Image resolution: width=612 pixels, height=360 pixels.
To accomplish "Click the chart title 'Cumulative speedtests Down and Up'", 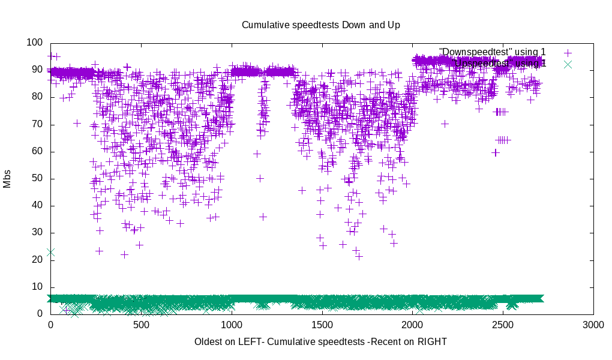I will (x=320, y=25).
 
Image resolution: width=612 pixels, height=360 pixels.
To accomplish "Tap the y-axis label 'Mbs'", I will (x=7, y=178).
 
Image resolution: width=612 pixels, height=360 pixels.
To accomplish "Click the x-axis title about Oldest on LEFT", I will (x=320, y=341).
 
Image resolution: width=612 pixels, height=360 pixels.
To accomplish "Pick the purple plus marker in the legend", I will (x=568, y=53).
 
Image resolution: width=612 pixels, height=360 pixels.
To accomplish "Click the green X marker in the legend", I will (x=568, y=64).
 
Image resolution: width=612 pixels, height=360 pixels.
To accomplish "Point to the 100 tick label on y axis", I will (x=35, y=43).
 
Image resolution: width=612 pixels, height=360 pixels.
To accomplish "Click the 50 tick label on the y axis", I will (x=37, y=179).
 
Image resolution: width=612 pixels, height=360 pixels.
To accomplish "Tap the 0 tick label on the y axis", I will (x=40, y=314).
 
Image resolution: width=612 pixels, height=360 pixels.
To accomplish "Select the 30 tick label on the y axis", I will (x=37, y=233).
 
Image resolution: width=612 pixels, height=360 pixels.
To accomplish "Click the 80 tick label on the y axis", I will (x=37, y=97).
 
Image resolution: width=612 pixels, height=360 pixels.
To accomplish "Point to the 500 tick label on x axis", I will (x=141, y=325).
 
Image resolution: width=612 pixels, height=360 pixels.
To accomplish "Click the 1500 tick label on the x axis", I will (x=322, y=325).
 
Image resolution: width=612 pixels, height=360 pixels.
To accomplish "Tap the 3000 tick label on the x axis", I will (x=593, y=325).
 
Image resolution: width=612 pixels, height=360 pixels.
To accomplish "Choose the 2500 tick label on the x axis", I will (x=503, y=325).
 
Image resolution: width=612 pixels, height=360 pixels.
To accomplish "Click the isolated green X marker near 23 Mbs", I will (x=50, y=253).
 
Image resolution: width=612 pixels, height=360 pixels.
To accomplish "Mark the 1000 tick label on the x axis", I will (x=232, y=325).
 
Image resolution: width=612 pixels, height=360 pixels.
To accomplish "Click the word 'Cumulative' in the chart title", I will (x=263, y=25).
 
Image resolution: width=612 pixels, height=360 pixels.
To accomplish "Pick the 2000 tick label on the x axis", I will (x=413, y=325).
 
